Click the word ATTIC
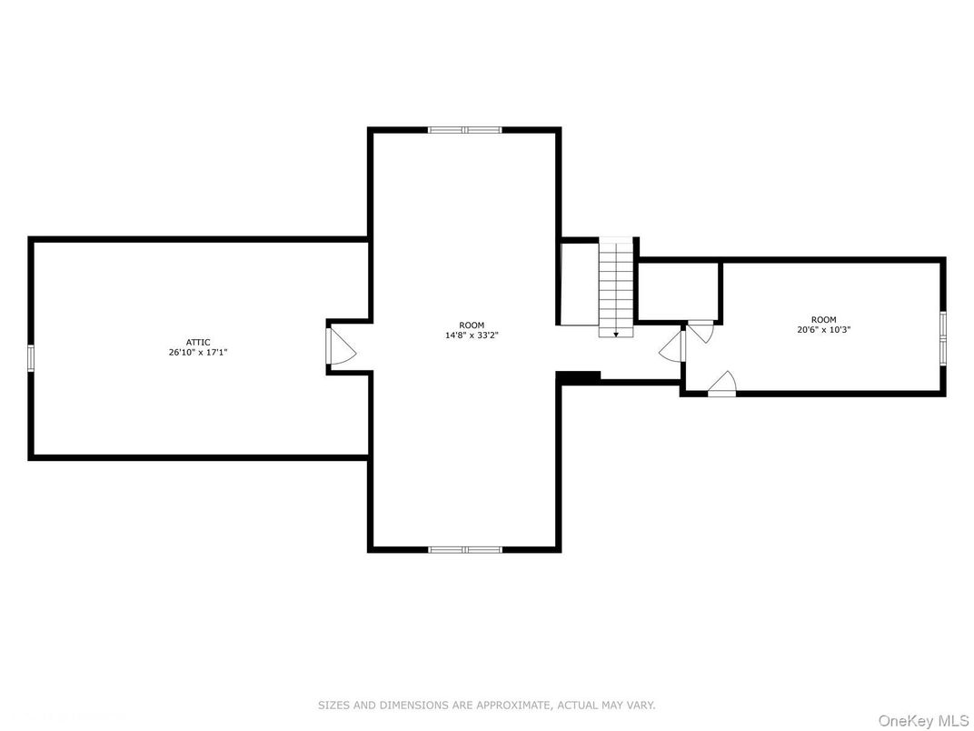197,342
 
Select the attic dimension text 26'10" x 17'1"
197,352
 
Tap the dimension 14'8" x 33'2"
472,335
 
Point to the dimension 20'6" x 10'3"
823,329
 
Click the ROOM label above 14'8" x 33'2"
472,325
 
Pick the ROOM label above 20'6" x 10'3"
823,319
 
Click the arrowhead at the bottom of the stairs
616,335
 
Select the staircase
615,286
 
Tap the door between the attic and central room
338,347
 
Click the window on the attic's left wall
31,358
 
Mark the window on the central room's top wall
464,130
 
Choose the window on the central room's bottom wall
464,549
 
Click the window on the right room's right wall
942,337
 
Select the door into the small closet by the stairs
700,330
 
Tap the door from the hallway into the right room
675,347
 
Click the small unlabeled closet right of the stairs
678,291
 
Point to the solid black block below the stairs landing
579,376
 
